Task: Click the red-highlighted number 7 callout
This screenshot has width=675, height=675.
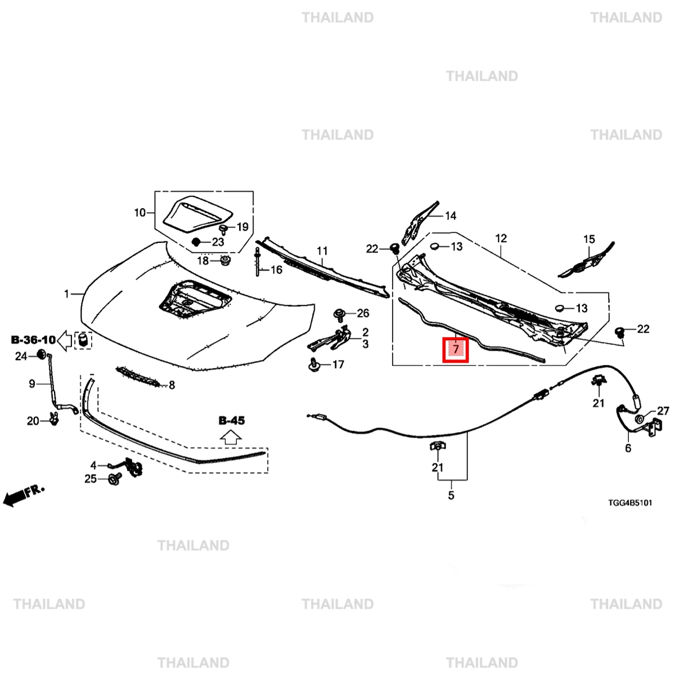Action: coord(455,350)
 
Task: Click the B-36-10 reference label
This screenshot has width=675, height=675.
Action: coord(33,340)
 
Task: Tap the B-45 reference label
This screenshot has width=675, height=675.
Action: coord(232,420)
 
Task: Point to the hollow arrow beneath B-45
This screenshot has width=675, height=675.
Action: coord(231,437)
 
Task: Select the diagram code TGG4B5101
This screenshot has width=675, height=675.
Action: coord(629,503)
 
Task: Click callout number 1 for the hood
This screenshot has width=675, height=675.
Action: coord(67,294)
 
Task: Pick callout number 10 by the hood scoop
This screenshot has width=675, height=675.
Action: coord(139,213)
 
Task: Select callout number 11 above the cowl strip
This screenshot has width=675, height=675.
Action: coord(322,251)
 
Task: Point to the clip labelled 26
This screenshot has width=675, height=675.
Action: coord(339,314)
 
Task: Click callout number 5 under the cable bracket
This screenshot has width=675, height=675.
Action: coord(451,496)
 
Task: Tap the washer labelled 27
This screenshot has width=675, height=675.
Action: coord(640,420)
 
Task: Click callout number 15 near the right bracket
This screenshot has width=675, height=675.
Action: coord(589,240)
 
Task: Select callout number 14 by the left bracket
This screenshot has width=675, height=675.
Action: coord(451,215)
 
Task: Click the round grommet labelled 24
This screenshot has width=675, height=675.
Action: coord(41,355)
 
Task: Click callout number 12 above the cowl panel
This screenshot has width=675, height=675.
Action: coord(501,238)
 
